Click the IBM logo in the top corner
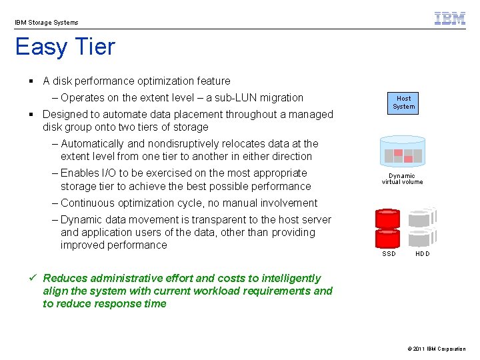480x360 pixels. click(x=450, y=19)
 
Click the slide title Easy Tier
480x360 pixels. click(x=65, y=47)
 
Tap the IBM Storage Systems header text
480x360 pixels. click(x=47, y=23)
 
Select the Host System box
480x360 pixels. click(x=403, y=103)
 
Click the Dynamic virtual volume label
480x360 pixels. click(x=402, y=179)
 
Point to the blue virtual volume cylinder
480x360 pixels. click(x=402, y=153)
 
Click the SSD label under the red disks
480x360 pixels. click(x=389, y=254)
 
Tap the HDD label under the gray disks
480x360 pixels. click(x=423, y=254)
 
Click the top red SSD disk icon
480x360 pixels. click(x=387, y=219)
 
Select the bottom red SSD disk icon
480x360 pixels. click(x=387, y=239)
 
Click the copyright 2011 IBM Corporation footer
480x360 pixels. click(x=435, y=349)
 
